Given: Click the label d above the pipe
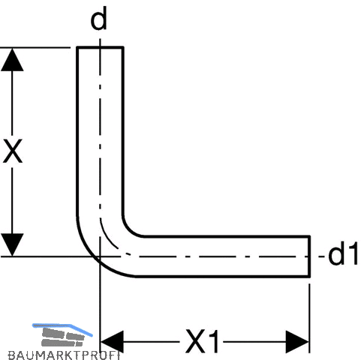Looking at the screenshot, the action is tap(99, 19).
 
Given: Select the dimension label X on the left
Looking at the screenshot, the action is tap(13, 151).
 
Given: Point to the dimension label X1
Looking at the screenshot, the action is tap(202, 341).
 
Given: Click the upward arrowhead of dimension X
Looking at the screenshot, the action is tap(12, 59).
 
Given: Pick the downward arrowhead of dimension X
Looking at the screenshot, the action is tap(12, 245).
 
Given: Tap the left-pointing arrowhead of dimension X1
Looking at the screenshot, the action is tap(112, 341).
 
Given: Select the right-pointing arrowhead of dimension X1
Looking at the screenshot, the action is tap(298, 341).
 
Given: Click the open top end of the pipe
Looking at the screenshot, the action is tap(100, 47).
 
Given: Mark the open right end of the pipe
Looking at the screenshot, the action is tap(309, 256).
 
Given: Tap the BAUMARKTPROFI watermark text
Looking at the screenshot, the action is tap(64, 355).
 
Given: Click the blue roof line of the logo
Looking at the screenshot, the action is tap(62, 326).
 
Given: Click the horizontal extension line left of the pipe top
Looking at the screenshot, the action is tap(35, 47).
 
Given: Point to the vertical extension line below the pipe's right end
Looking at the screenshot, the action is tap(309, 318).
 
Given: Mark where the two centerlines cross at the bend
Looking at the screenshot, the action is tap(100, 256).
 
